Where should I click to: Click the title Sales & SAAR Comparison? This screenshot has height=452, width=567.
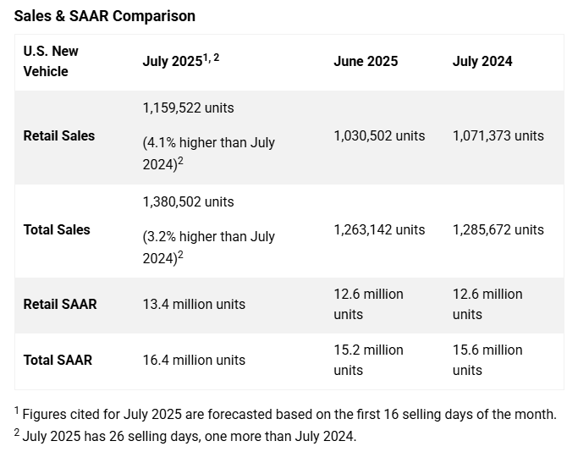click(105, 15)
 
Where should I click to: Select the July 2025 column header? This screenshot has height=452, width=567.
click(179, 61)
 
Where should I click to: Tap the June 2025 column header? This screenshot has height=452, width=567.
click(366, 61)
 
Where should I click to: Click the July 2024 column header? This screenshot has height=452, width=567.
click(482, 61)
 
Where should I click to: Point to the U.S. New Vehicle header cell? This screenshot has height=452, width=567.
click(51, 61)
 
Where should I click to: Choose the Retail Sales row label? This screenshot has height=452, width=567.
click(59, 135)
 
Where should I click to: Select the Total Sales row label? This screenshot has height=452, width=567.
click(57, 229)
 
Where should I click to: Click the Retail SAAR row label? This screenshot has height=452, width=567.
click(60, 304)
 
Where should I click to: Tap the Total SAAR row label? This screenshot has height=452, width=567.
click(58, 360)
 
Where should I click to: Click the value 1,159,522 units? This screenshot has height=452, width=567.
click(189, 108)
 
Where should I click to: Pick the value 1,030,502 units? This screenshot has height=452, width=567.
click(379, 135)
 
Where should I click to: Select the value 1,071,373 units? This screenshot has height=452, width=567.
click(498, 135)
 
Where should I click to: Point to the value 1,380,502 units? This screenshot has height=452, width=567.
click(189, 201)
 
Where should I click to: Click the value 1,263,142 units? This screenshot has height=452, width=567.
click(379, 229)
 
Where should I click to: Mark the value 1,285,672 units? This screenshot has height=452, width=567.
click(498, 229)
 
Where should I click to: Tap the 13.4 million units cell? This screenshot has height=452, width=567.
click(194, 304)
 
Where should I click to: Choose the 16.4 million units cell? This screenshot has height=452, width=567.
click(194, 360)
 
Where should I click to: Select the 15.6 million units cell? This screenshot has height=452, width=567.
click(487, 360)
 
